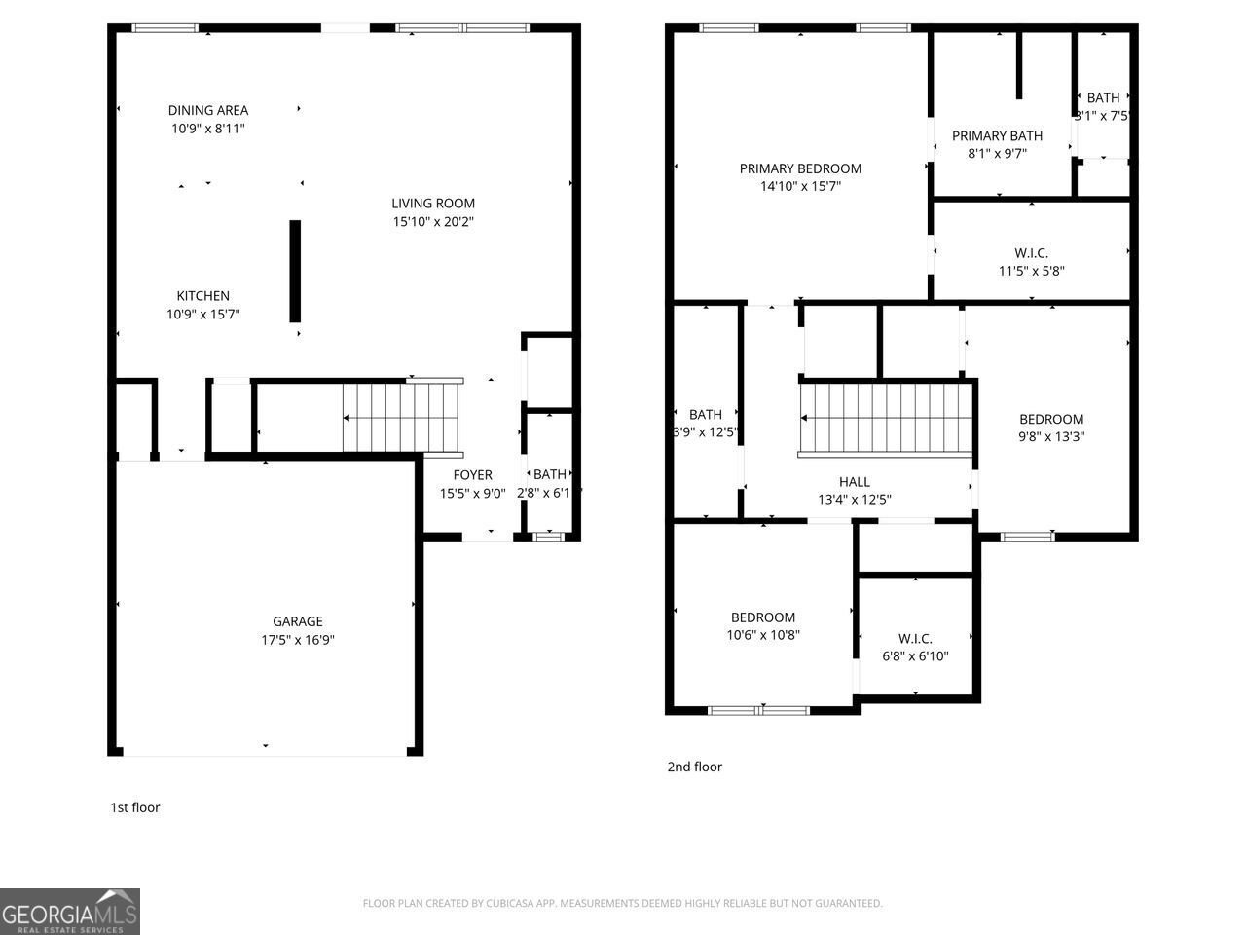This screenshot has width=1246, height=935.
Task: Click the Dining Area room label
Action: coord(207,110)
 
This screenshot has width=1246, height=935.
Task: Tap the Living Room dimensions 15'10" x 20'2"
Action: coord(433,222)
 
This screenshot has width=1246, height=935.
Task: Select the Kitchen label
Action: coord(202,296)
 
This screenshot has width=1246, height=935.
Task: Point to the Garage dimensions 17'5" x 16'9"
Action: coord(297,640)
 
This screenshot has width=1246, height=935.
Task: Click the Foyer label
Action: coord(472,475)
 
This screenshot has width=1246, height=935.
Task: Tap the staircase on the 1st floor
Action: coord(400,418)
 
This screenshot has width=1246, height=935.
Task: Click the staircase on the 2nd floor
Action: coord(886,419)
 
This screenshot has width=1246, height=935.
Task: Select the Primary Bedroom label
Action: coord(800,168)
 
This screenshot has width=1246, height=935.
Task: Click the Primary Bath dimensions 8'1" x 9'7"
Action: coord(997,153)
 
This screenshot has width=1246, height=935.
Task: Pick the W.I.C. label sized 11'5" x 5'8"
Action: coord(1031,253)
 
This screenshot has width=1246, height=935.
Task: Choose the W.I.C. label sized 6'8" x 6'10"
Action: coord(915,639)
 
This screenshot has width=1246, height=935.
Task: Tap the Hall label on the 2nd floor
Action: coord(854,482)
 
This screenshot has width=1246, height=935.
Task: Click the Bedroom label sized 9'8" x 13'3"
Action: coord(1051,420)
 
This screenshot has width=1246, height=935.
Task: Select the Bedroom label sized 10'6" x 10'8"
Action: coord(763,617)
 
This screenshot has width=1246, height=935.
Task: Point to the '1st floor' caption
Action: coord(134,807)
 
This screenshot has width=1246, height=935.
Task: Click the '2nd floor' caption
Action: coord(694,767)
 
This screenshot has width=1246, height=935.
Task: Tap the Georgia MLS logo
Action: coord(70,912)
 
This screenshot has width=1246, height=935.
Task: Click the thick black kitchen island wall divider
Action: coord(295,271)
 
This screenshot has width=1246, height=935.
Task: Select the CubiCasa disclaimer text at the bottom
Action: coord(622,904)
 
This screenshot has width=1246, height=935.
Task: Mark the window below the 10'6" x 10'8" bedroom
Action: coord(758,710)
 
